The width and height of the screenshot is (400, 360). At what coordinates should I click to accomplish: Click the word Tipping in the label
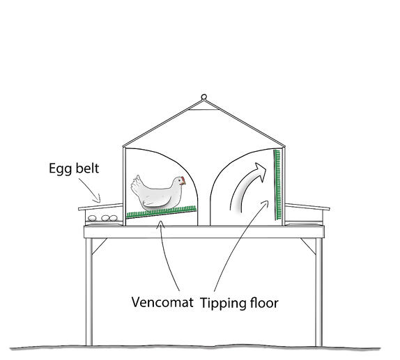click(x=222, y=304)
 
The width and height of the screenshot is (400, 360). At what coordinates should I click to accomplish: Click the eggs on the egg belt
click(x=105, y=218)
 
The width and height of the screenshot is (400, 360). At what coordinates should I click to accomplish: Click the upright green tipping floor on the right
click(x=278, y=184)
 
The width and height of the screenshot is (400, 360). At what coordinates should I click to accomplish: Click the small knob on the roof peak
click(x=204, y=97)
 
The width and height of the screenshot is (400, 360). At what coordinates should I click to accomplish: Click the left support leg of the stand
click(x=90, y=292)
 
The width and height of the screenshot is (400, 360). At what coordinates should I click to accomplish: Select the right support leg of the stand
click(x=318, y=292)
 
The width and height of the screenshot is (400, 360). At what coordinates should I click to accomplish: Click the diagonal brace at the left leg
click(x=100, y=246)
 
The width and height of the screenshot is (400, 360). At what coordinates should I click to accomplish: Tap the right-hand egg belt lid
click(x=307, y=206)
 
